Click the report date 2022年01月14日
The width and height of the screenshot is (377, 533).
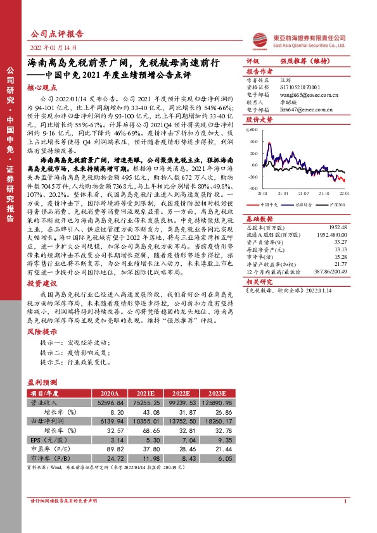tap(53, 48)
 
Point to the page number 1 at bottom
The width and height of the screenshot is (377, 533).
tap(344, 519)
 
